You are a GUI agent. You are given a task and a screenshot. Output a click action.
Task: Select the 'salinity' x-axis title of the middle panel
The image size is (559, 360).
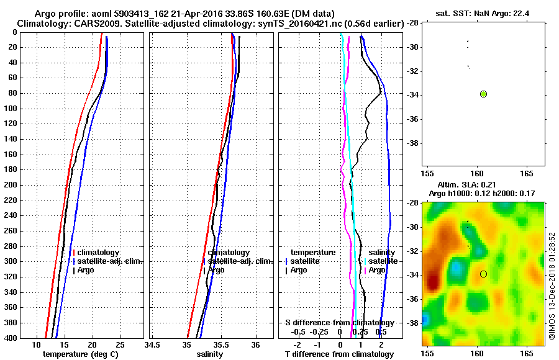[210, 354]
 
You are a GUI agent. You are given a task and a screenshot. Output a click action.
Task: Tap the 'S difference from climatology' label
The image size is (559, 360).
[339, 323]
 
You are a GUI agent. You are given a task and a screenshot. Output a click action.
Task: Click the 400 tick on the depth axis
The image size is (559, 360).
[12, 338]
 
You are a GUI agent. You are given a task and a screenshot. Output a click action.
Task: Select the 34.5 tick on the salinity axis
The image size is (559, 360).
[152, 344]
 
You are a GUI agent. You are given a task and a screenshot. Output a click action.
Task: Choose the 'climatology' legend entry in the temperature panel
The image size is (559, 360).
[98, 253]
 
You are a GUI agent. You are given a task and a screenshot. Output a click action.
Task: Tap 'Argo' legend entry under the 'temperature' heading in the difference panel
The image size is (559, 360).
[299, 270]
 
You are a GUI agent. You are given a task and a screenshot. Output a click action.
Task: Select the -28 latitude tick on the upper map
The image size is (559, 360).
[412, 23]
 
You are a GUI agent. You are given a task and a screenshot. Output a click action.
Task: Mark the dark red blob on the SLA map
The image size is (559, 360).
[432, 282]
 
